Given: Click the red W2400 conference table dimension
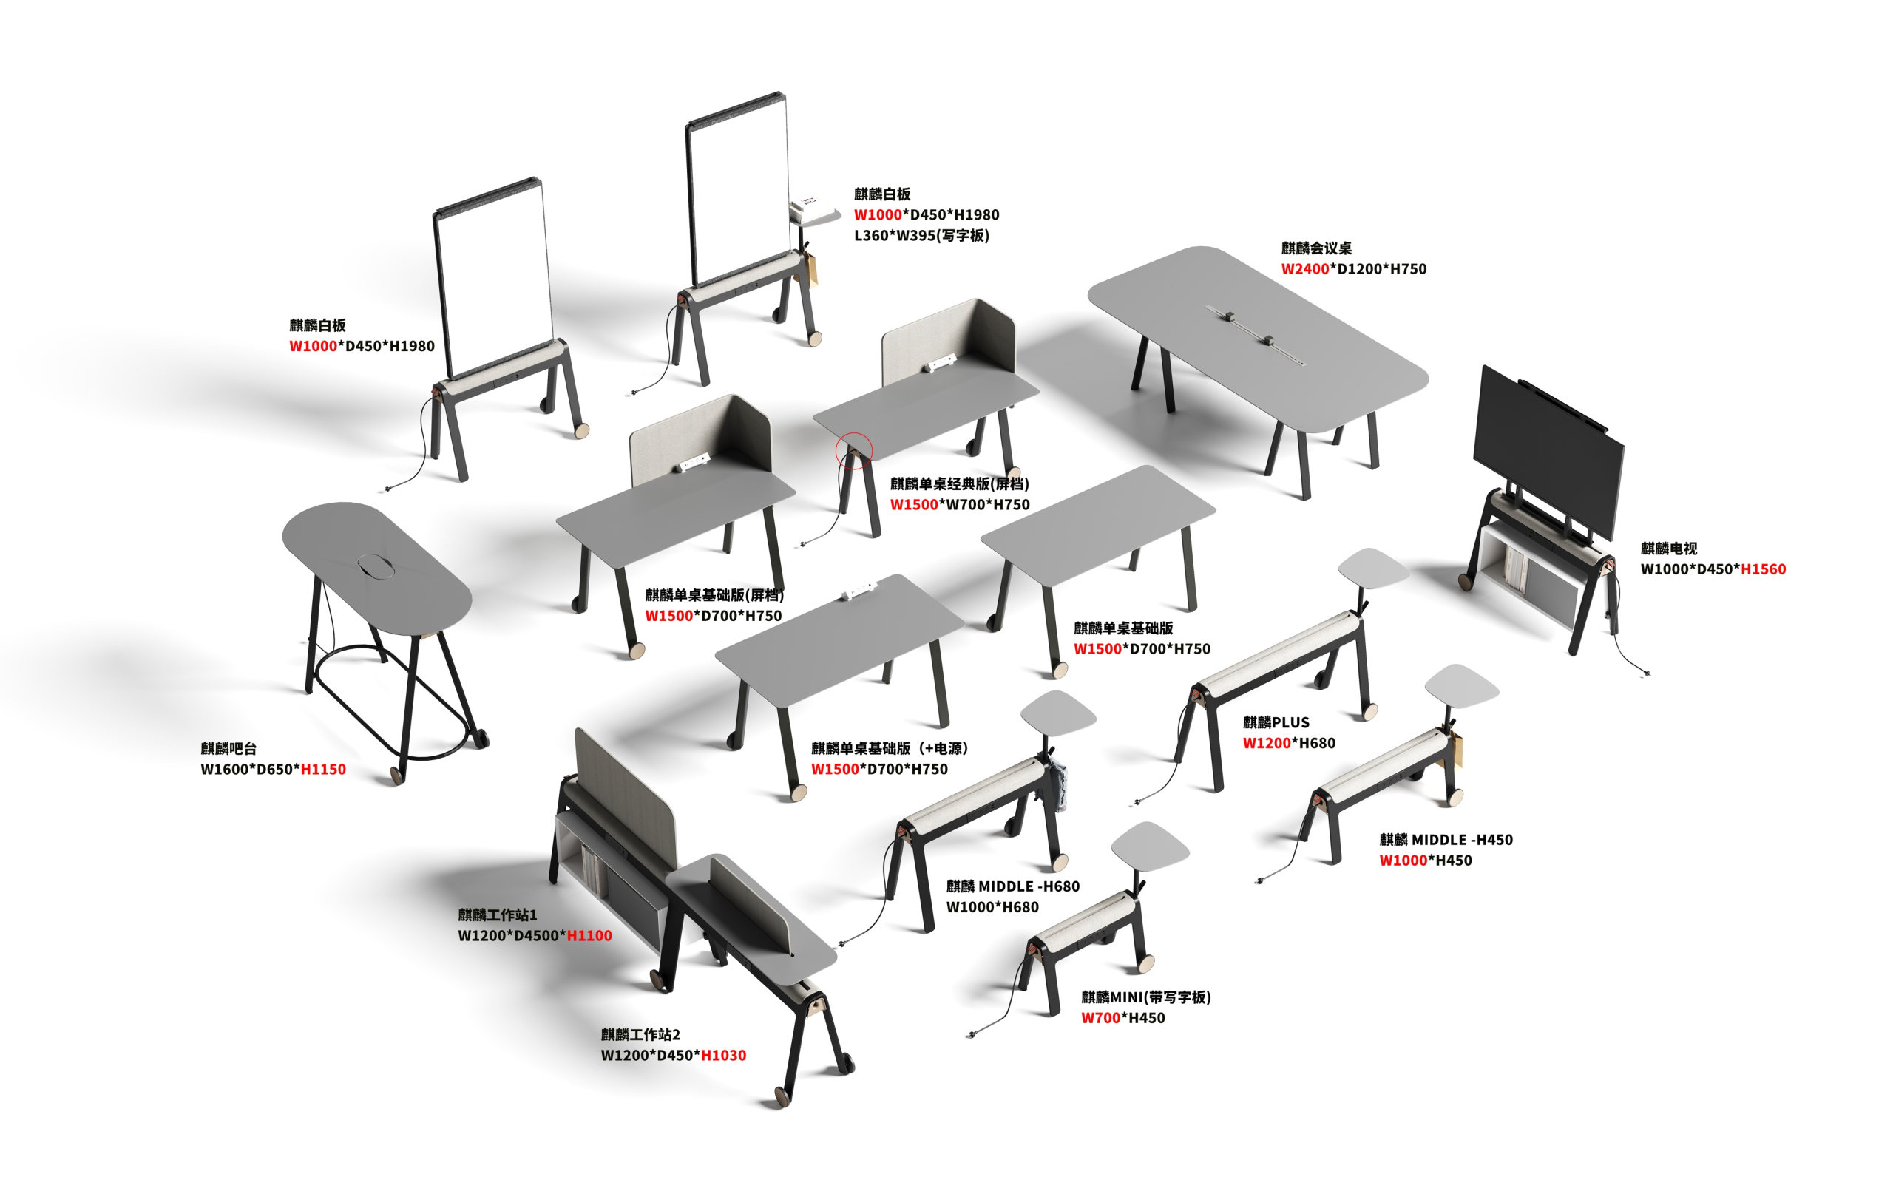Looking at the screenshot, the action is (1305, 269).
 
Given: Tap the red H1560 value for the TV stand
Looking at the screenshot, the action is (1764, 569).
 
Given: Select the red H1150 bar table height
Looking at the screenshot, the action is (323, 769).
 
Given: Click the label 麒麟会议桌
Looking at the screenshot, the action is (1317, 248).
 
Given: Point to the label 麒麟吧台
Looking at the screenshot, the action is (228, 748).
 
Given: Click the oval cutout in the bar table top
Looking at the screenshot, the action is (378, 566).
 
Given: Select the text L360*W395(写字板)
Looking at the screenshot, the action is (921, 235).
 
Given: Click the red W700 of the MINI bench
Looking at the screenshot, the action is (1100, 1018).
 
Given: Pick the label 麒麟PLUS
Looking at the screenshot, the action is (1276, 722).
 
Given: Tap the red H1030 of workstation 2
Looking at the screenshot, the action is (723, 1055).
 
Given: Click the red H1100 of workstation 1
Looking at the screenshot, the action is (589, 935).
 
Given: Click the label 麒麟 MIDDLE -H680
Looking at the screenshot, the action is (1012, 886).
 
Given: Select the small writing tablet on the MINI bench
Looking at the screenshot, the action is (1149, 845).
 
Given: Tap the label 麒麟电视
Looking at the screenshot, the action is (1669, 548).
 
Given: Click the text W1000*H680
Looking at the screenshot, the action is (992, 907).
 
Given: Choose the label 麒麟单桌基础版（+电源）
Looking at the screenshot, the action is (889, 748).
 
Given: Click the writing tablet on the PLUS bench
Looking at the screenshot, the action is (1373, 568).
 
